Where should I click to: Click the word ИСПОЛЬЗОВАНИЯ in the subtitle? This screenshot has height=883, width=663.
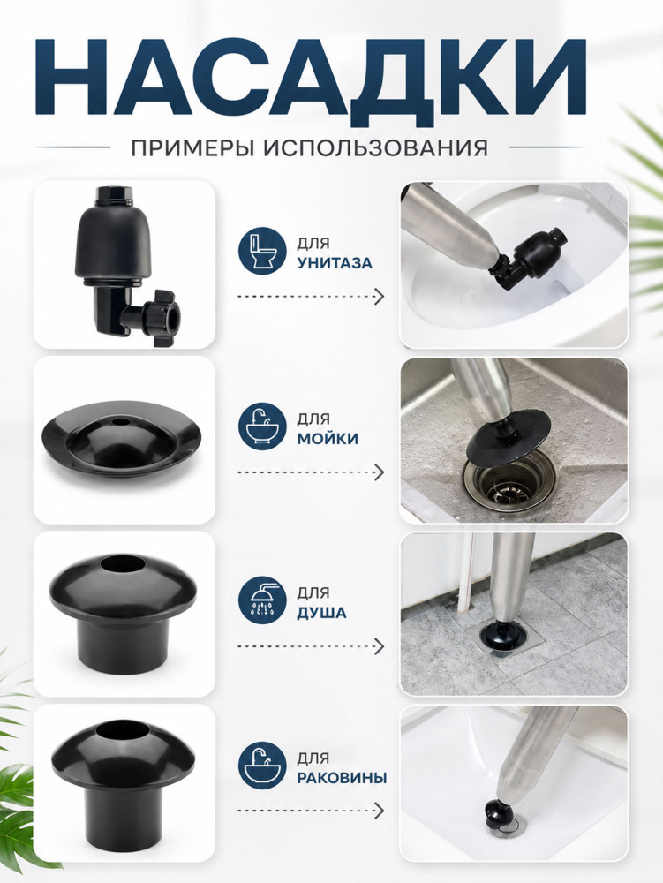[x=375, y=148]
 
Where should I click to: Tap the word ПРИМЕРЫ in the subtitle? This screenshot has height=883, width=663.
[x=193, y=148]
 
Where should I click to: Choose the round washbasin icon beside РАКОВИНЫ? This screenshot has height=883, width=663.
[x=261, y=766]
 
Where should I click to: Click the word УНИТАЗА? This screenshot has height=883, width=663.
[x=335, y=263]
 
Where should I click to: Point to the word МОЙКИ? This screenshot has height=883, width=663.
[x=328, y=438]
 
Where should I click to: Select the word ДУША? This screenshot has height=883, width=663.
[x=321, y=613]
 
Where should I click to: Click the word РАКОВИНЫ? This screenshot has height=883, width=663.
[x=343, y=778]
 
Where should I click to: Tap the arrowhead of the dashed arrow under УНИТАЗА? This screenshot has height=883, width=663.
[x=380, y=296]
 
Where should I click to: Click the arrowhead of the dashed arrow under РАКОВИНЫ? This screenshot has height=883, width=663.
[x=380, y=811]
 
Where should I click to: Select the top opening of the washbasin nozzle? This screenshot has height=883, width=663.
[x=122, y=730]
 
